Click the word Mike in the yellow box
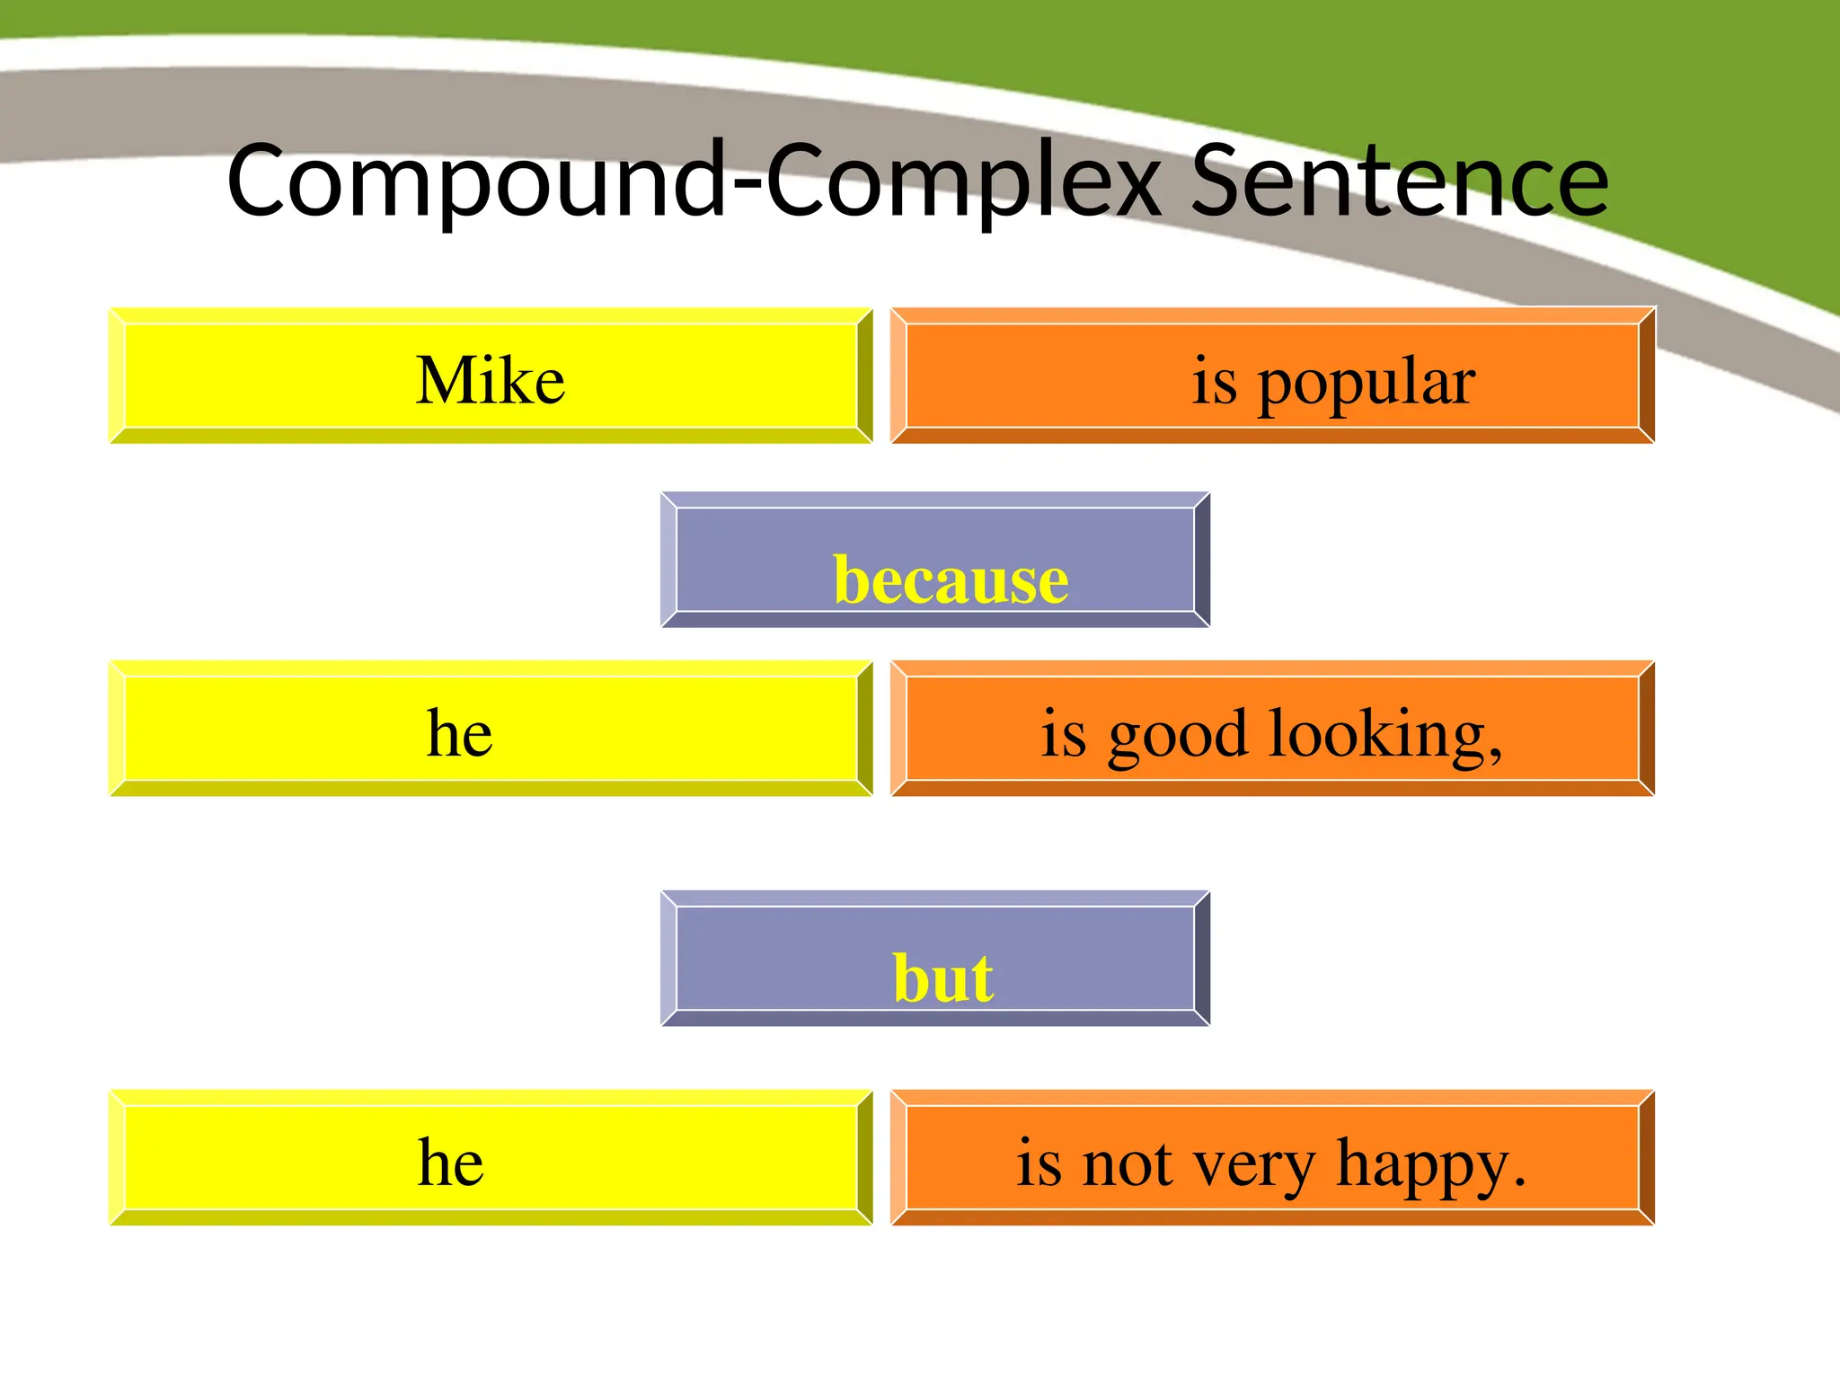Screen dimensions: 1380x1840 coord(491,380)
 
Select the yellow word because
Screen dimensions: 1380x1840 coord(951,579)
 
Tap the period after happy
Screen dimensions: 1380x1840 coord(1519,1181)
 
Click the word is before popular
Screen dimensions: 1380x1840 coord(1214,381)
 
